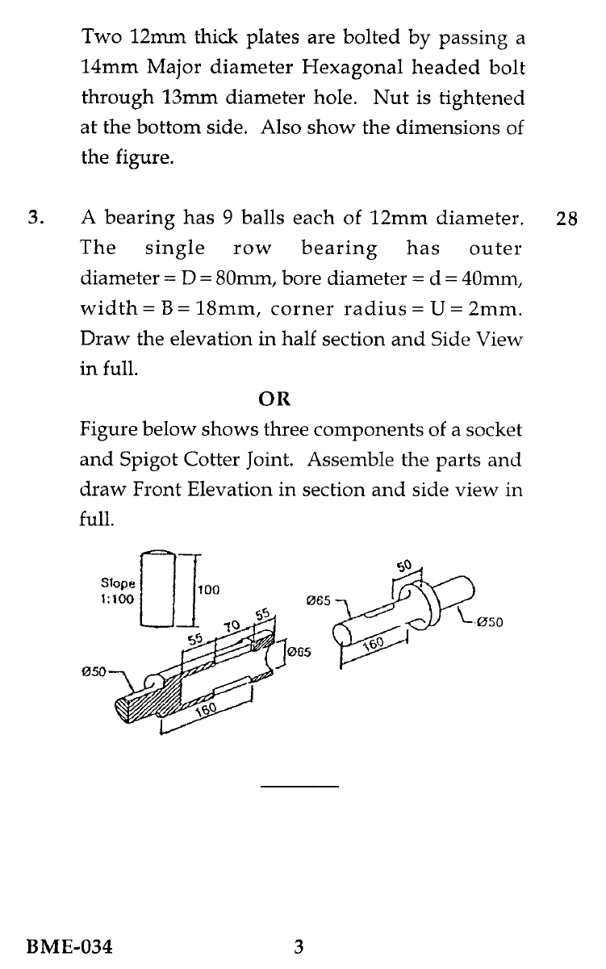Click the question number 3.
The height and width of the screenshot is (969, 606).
coord(35,218)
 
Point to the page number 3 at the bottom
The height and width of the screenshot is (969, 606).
coord(298,946)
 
